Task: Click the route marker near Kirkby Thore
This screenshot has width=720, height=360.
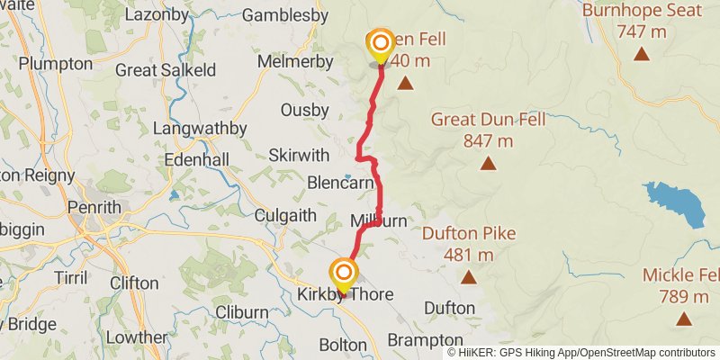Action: [x=344, y=273]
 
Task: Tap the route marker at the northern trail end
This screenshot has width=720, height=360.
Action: [x=381, y=43]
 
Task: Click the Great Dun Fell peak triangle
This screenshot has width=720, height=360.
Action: [x=488, y=163]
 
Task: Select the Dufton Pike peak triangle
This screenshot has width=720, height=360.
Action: [x=469, y=278]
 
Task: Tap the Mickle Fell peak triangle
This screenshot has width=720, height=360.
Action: [x=684, y=319]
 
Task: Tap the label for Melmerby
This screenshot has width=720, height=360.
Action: [x=294, y=61]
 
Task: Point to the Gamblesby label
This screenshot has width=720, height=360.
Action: [x=284, y=15]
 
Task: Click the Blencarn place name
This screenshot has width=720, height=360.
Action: [x=340, y=182]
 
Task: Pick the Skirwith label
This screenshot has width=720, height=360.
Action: [x=298, y=155]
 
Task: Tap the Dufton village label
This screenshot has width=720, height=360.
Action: [x=449, y=308]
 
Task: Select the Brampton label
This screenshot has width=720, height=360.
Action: [x=425, y=340]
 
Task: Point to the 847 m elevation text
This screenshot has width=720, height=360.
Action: [x=489, y=140]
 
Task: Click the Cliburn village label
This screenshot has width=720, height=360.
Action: [x=241, y=312]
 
